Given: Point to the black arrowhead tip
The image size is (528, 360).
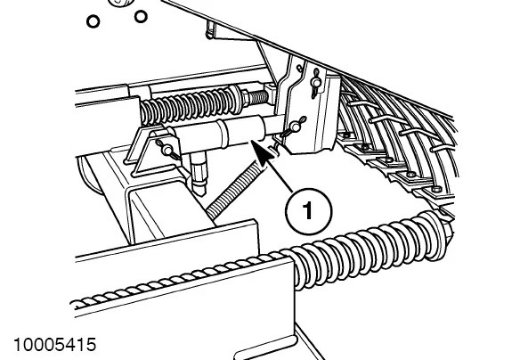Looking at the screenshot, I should pyautogui.click(x=253, y=143).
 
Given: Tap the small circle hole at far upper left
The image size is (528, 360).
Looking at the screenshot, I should pyautogui.click(x=93, y=20).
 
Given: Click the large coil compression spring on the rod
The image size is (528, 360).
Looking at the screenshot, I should pyautogui.click(x=186, y=105).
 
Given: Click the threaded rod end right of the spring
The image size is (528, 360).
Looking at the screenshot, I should pyautogui.click(x=263, y=93).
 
